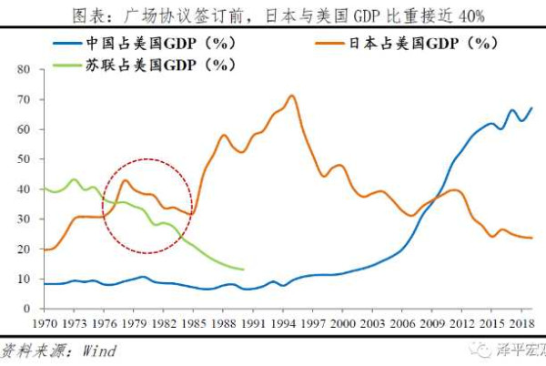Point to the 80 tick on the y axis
tap(25, 69)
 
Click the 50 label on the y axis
tap(25, 159)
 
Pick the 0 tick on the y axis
tap(28, 309)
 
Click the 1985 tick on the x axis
tap(192, 323)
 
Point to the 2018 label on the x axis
tap(520, 323)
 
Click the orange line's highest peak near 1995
tap(291, 96)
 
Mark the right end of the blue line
tap(531, 108)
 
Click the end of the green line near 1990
tap(243, 269)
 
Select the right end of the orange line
tap(531, 238)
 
